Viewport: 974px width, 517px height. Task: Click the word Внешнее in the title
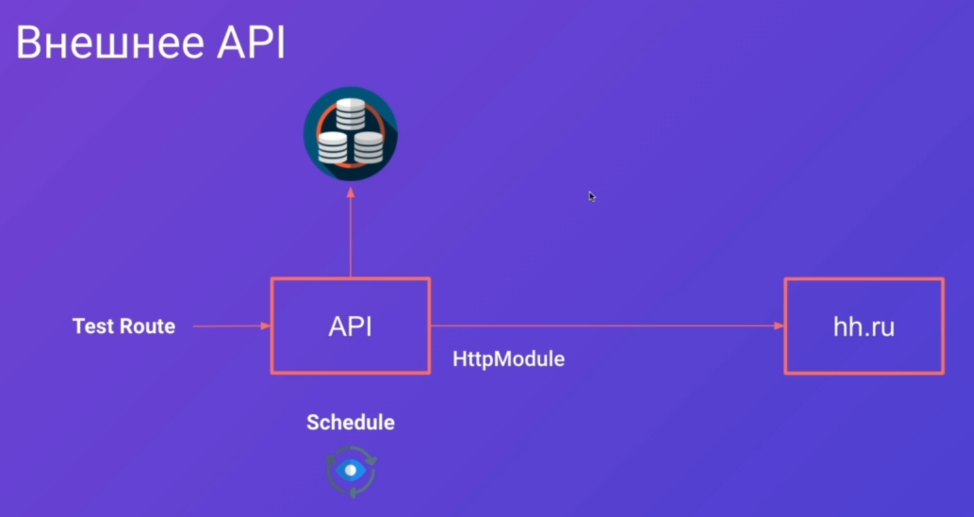110,43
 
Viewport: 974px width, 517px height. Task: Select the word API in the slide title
251,43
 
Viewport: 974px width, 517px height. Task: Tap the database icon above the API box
351,133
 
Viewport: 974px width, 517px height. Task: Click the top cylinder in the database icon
351,114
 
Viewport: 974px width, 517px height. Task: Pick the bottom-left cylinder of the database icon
332,148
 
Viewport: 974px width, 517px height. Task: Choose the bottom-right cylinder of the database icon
369,148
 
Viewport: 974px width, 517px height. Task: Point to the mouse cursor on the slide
592,197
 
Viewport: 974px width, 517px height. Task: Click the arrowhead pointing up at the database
351,192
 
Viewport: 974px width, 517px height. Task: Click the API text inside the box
351,326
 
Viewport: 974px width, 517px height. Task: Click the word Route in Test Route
148,326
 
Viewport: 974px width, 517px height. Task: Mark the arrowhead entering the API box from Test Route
266,326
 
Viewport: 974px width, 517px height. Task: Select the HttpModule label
509,359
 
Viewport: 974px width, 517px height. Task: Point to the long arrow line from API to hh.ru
608,326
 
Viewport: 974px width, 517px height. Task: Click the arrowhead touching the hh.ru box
779,326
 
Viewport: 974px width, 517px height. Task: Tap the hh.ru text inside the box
864,326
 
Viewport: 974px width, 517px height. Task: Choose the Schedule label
351,422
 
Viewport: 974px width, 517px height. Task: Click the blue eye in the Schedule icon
351,470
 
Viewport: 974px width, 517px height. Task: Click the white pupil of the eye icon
351,470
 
